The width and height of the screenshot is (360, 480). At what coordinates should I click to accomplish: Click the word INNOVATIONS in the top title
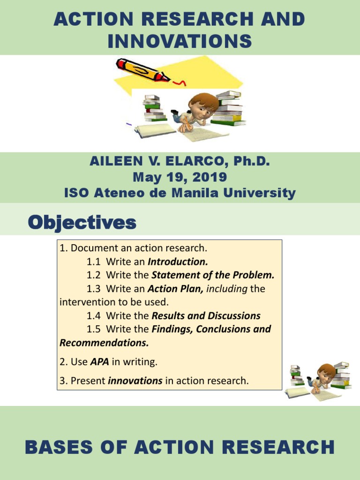coord(180,42)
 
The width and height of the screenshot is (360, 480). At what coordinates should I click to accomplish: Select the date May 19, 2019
coord(180,177)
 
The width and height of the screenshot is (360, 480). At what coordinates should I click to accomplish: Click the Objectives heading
coord(82,223)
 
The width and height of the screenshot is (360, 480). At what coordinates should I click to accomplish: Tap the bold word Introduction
coord(178,262)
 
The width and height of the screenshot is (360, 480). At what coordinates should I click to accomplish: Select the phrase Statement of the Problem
coord(213,275)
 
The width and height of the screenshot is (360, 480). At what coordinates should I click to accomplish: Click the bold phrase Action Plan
coord(175,289)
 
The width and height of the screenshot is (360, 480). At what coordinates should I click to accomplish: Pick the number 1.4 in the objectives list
coord(94,316)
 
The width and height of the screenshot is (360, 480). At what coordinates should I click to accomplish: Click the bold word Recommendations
coord(104,343)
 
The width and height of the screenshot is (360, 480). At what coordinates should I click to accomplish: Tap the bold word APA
coord(99,362)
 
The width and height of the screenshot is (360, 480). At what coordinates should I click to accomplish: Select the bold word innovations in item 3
coord(135,381)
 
